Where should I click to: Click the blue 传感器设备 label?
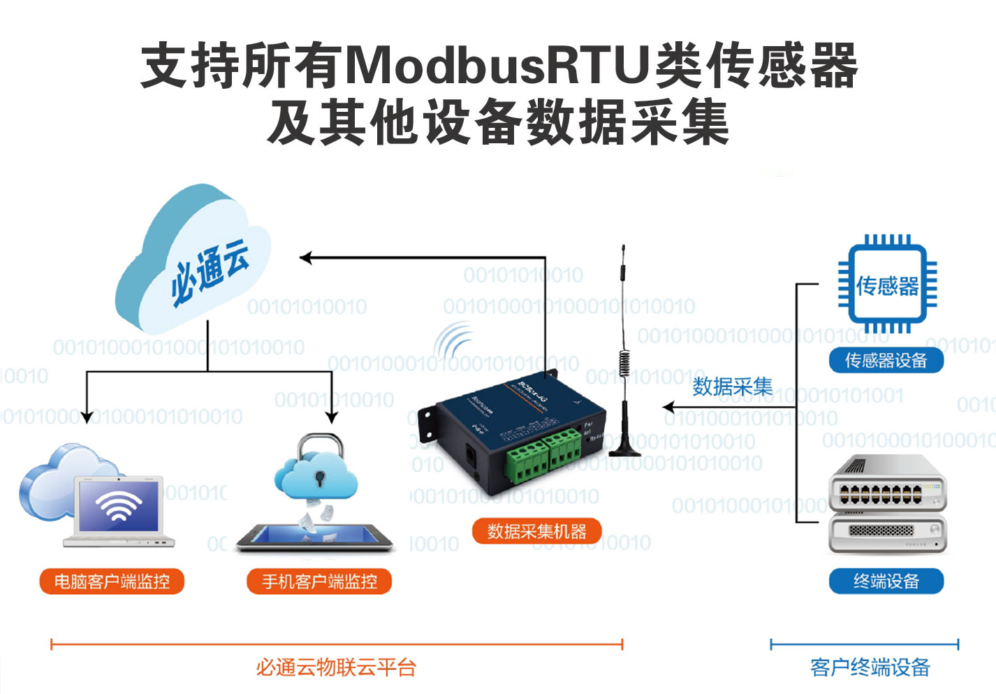tap(886, 361)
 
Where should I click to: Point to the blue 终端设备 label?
tap(886, 581)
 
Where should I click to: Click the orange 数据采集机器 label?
tap(536, 532)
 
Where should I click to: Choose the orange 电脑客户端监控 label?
tap(112, 581)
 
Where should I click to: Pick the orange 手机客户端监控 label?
tap(319, 581)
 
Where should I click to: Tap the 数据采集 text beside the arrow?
tap(732, 386)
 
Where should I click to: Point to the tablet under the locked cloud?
tap(314, 537)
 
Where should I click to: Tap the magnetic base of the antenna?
tap(625, 447)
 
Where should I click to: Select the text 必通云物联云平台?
tap(335, 667)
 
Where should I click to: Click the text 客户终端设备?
tap(870, 667)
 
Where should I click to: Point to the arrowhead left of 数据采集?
tap(668, 407)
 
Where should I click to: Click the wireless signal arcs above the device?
tap(454, 340)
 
